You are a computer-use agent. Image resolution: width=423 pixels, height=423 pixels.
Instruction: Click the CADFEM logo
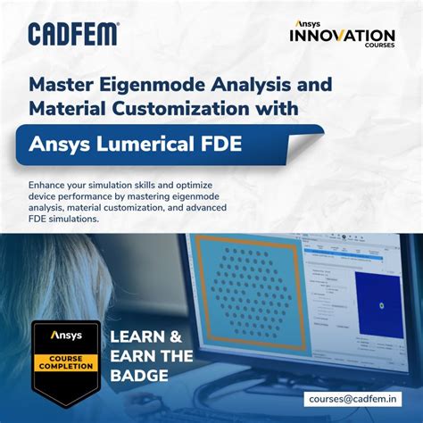pyautogui.click(x=73, y=34)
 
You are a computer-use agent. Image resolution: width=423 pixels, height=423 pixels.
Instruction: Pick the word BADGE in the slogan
pyautogui.click(x=138, y=375)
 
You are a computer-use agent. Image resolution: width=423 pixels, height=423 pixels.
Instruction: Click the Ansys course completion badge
pyautogui.click(x=66, y=361)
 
